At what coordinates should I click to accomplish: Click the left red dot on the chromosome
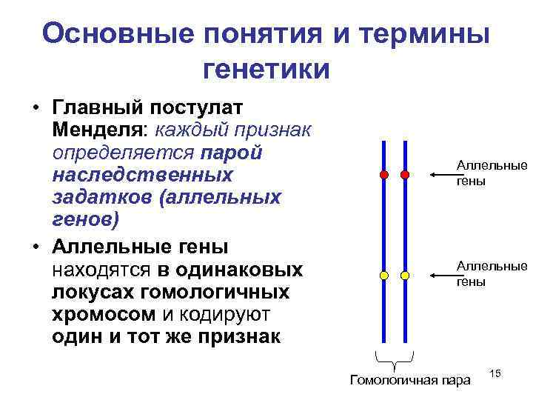pos(383,176)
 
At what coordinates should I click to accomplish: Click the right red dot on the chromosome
pos(405,176)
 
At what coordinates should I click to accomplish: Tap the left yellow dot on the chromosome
pos(383,275)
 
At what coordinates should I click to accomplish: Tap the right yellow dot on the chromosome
pos(405,275)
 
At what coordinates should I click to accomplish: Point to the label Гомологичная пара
pos(409,381)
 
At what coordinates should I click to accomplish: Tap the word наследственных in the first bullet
pos(142,176)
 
